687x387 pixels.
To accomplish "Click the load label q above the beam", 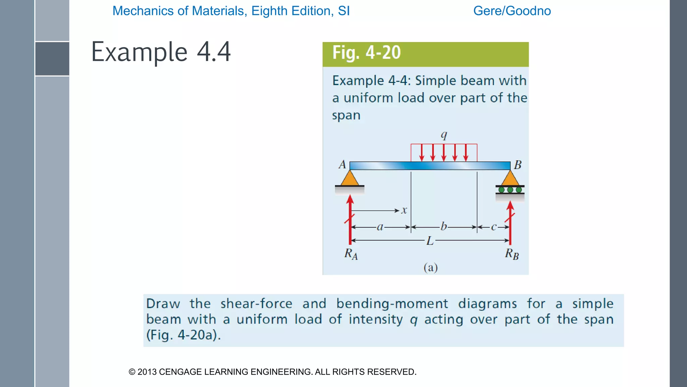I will [x=444, y=135].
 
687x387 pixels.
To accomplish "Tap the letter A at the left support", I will [x=342, y=165].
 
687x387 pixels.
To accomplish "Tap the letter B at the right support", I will [x=518, y=165].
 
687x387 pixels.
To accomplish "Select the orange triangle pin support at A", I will [x=350, y=179].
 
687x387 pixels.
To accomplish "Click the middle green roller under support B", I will [x=510, y=190].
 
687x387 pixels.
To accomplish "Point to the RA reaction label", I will [x=351, y=254].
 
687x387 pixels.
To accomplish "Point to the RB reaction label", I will [x=512, y=254].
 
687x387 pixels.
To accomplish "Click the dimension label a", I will [x=380, y=227].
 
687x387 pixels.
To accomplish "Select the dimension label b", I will [x=443, y=226].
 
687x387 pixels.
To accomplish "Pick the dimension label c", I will [x=493, y=227].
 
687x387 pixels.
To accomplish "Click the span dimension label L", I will [x=430, y=241].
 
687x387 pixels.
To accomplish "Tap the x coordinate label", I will [x=404, y=211].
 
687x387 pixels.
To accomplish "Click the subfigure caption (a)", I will [x=430, y=268].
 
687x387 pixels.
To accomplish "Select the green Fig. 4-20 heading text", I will [x=366, y=53].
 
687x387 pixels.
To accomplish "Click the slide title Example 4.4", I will [x=161, y=52].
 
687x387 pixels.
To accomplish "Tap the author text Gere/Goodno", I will [x=512, y=11].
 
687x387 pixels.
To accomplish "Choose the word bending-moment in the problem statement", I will [x=392, y=304].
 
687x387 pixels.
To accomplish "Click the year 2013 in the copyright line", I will [x=147, y=372].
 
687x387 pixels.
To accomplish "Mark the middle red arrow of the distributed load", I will [x=444, y=153].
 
